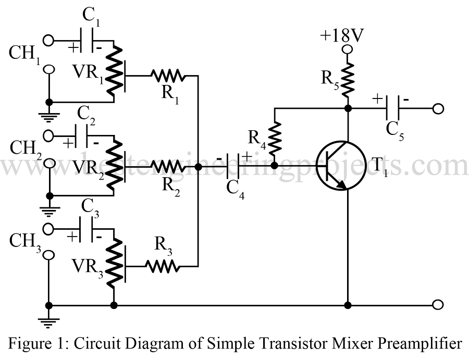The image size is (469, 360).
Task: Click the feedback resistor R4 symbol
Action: pos(274,136)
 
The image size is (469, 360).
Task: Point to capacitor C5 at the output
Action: pos(391,108)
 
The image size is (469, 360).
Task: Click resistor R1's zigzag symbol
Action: pos(167,76)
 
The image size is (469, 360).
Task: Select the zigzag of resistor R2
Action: pos(168,167)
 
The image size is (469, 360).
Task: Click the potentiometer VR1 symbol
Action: pos(114,73)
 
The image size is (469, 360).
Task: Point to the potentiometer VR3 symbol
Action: pos(114,265)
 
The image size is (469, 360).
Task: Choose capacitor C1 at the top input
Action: pos(89,40)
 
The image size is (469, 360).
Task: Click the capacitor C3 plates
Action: pos(89,229)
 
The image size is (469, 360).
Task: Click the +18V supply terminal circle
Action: pos(347,49)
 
